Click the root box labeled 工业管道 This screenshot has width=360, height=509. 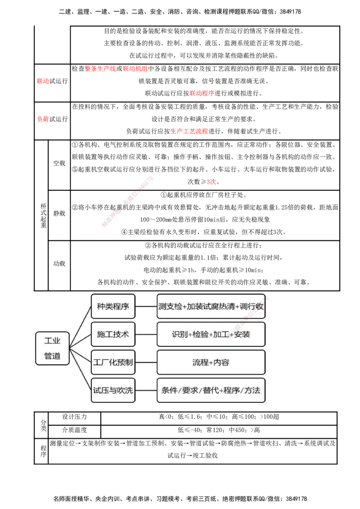tap(52, 348)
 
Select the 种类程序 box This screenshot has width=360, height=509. tap(113, 307)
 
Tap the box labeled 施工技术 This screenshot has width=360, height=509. tap(113, 335)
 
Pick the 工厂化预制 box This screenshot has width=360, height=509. tap(113, 362)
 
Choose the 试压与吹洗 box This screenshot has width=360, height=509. tap(113, 390)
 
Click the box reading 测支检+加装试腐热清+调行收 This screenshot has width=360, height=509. tap(211, 307)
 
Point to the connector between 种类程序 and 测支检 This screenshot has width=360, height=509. tap(146, 307)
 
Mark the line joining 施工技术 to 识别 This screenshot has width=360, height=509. tap(146, 335)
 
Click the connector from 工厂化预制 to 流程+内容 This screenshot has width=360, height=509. tap(146, 362)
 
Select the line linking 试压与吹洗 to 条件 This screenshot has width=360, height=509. tap(146, 390)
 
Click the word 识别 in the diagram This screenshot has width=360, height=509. tap(180, 335)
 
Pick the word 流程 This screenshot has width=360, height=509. tap(200, 362)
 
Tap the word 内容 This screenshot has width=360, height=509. tap(221, 362)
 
